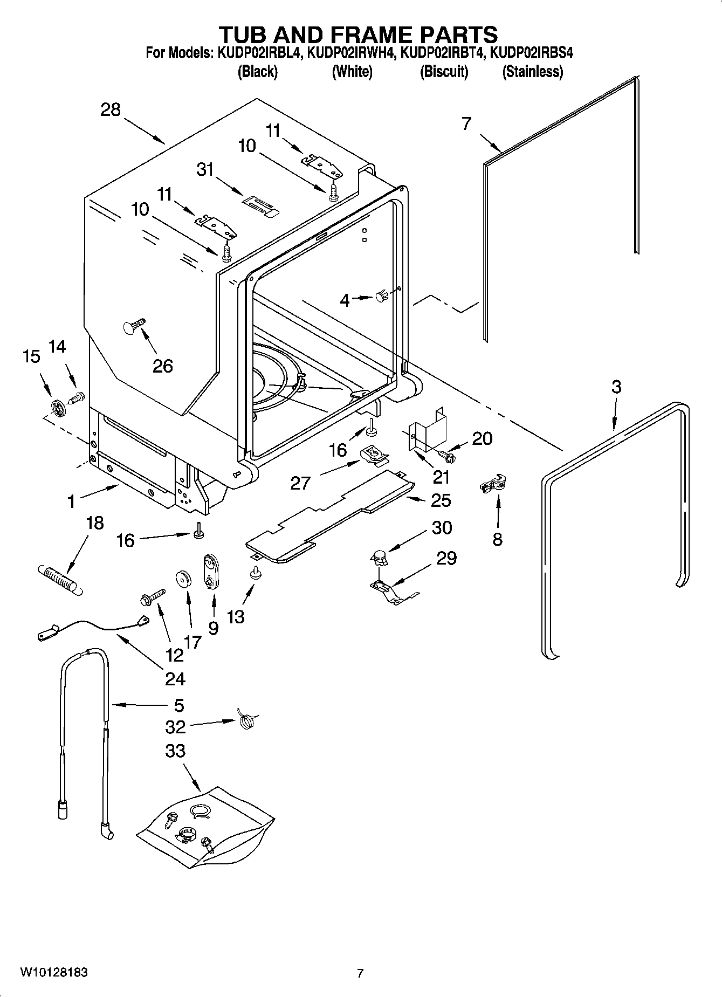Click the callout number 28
pyautogui.click(x=111, y=110)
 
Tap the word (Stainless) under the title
pyautogui.click(x=532, y=72)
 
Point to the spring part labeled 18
pyautogui.click(x=60, y=579)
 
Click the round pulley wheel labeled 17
pyautogui.click(x=184, y=579)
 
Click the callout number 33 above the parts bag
pyautogui.click(x=176, y=751)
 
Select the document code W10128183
pyautogui.click(x=54, y=973)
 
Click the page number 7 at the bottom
pyautogui.click(x=360, y=973)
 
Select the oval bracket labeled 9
pyautogui.click(x=210, y=573)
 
